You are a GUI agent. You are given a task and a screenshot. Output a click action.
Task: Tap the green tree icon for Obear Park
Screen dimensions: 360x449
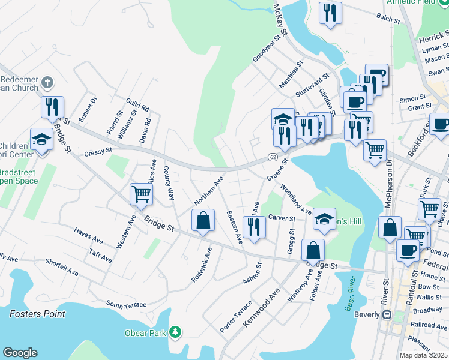click(x=175, y=332)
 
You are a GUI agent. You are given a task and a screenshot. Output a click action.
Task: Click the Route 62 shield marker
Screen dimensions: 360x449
click(x=273, y=157)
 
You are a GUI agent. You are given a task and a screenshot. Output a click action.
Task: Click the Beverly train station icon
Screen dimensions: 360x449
click(x=387, y=314)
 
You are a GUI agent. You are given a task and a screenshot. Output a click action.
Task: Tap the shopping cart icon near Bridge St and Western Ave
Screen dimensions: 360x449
click(x=141, y=193)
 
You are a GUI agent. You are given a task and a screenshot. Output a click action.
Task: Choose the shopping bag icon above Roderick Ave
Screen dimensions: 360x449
click(x=203, y=220)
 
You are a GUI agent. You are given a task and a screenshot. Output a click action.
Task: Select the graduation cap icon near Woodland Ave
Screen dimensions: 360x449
click(x=324, y=219)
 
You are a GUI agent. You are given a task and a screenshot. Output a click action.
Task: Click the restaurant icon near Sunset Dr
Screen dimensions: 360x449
click(x=52, y=106)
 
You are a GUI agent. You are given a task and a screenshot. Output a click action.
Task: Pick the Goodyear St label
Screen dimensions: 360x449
click(x=266, y=48)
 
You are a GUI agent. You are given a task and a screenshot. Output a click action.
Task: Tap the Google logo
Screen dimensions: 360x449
click(x=20, y=353)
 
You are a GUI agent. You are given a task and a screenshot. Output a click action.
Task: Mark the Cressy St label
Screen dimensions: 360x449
click(x=98, y=151)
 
